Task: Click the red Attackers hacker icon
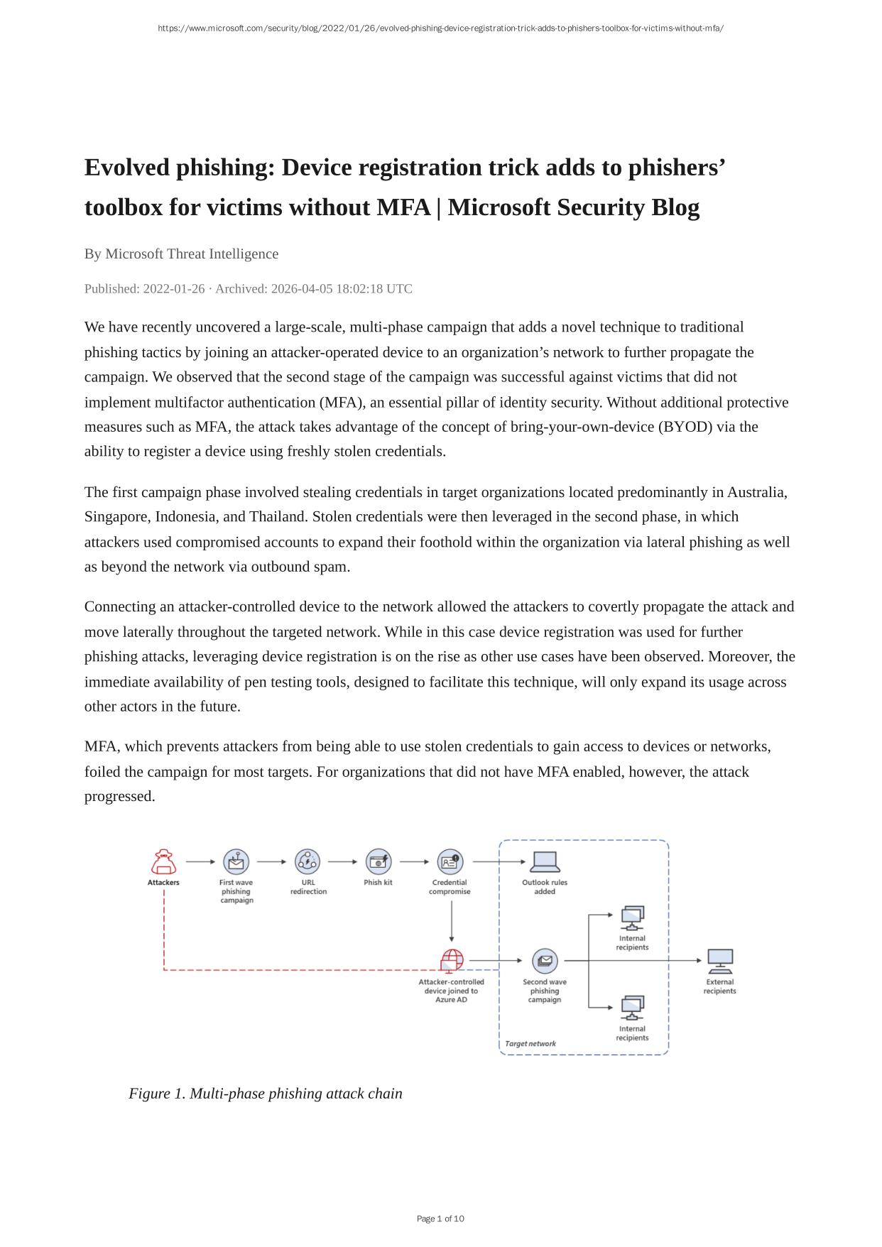click(x=164, y=862)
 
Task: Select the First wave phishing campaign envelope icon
click(x=236, y=862)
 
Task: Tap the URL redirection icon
click(x=307, y=862)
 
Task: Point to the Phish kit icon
click(x=379, y=862)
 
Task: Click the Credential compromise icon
click(x=450, y=862)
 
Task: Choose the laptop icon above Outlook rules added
click(x=545, y=861)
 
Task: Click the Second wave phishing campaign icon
click(x=545, y=962)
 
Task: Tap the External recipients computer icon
click(x=720, y=962)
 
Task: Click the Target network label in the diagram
click(x=530, y=1044)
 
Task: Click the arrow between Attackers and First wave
click(x=200, y=862)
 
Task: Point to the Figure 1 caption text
click(x=266, y=1094)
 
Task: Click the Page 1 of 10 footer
click(x=440, y=1219)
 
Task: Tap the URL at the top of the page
click(x=440, y=28)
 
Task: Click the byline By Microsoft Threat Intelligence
click(x=181, y=254)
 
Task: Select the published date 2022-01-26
click(x=173, y=288)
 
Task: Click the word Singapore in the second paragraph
click(x=116, y=517)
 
